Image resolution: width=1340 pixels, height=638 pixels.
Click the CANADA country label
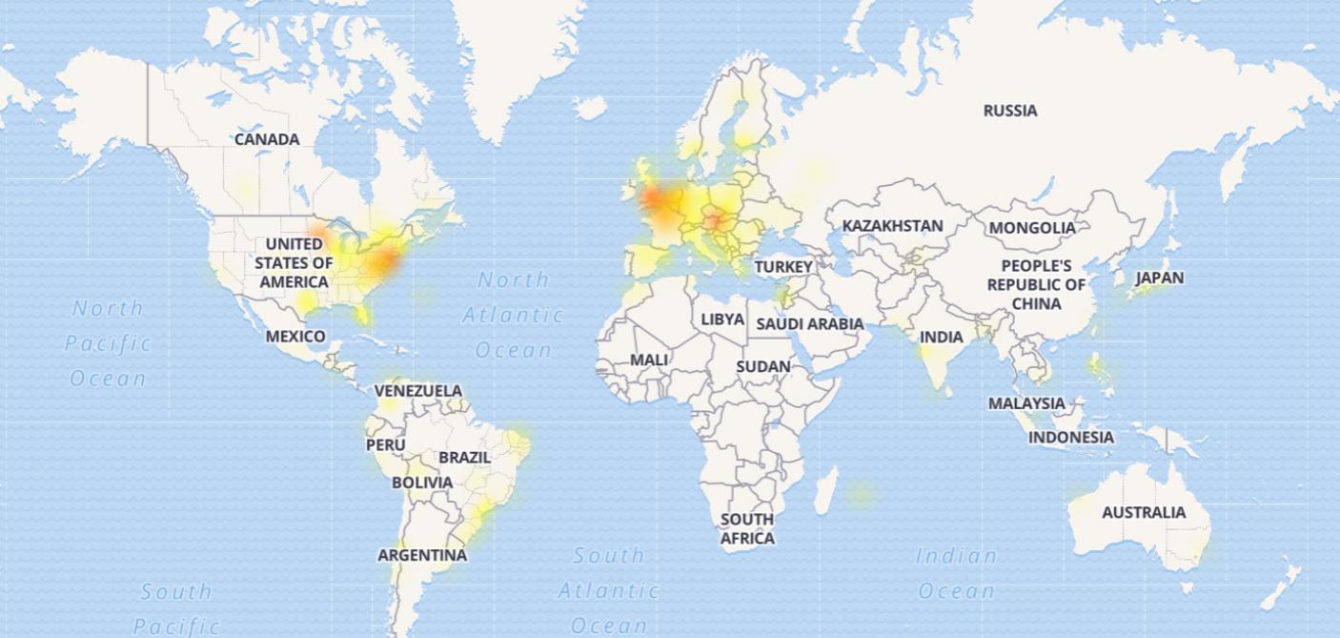pos(267,139)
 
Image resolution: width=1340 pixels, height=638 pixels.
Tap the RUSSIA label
pos(1010,111)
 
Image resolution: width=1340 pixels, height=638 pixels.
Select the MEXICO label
pos(295,337)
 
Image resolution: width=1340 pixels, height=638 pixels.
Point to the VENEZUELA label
pos(418,391)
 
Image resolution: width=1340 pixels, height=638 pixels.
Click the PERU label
pos(386,445)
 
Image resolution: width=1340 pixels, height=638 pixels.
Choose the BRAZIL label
pos(465,458)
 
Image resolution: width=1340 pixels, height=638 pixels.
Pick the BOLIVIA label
pos(423,483)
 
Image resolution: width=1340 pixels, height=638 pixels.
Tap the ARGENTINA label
pos(422,555)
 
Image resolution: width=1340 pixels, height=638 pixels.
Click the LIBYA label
pos(722,319)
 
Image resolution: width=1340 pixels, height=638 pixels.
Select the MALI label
pos(649,360)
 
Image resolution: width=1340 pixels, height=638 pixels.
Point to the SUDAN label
pos(763,366)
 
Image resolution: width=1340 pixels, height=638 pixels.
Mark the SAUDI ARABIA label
pos(810,324)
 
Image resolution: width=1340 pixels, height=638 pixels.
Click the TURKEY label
pos(783,267)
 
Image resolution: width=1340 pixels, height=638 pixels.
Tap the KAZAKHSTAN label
pos(893,226)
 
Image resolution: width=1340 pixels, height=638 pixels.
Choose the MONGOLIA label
pos(1032,228)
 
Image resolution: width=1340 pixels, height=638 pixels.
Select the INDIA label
pos(942,337)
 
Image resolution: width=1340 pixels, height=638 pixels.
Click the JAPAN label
pos(1160,278)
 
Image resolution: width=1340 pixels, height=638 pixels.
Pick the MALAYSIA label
pos(1026,403)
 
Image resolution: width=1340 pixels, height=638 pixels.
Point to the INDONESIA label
pos(1071,437)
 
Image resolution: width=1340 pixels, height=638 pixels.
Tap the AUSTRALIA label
pos(1144,512)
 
